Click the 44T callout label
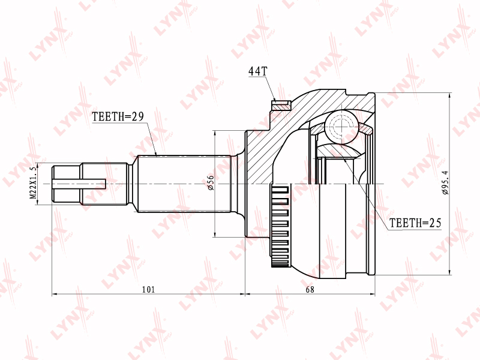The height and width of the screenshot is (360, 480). click(257, 71)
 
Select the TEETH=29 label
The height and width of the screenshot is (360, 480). click(118, 116)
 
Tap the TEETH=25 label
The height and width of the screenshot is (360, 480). click(415, 223)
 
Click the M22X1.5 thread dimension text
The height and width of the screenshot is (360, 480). click(33, 184)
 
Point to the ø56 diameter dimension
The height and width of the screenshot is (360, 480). click(211, 184)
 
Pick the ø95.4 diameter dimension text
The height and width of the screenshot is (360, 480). click(445, 183)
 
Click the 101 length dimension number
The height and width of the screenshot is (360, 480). click(149, 289)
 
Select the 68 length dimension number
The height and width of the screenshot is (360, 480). click(310, 289)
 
